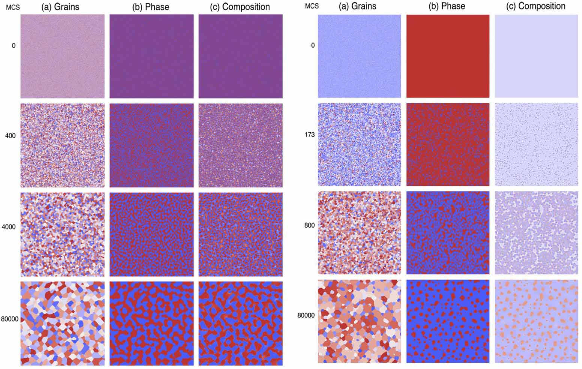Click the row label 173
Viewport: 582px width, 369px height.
310,135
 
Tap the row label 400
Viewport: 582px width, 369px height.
11,136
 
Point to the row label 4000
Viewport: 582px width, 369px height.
9,227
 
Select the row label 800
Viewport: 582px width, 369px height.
310,225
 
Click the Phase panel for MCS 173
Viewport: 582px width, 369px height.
448,145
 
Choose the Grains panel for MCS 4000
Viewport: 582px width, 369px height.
62,234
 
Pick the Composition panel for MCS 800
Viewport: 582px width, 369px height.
536,233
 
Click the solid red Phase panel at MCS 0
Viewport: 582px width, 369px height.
448,56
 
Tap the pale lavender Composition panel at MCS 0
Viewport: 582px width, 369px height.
536,56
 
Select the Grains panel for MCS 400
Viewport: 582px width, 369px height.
62,145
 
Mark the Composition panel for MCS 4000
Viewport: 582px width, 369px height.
240,234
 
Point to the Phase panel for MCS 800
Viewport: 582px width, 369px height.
448,233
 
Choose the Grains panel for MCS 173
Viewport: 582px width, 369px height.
359,145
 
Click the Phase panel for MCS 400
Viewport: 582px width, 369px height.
151,145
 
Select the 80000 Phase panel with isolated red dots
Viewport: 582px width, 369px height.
448,321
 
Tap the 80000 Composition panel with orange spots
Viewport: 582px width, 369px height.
536,321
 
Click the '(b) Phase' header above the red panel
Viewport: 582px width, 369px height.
447,6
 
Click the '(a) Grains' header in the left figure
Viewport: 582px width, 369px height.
60,7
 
